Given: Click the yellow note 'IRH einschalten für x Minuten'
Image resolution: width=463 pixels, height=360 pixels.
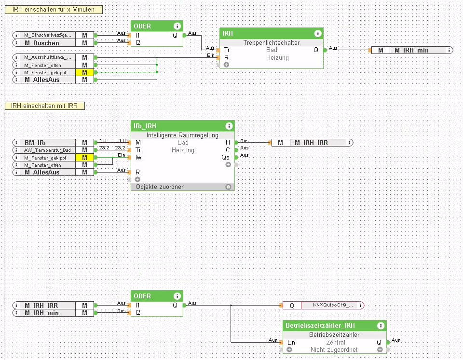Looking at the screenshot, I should (53, 10).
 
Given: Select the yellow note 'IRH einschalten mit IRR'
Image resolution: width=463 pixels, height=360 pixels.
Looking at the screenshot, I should (44, 106).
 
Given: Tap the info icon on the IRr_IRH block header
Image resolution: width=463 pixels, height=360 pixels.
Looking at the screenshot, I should (229, 126).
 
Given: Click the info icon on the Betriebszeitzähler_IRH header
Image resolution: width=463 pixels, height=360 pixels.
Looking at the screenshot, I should (380, 326).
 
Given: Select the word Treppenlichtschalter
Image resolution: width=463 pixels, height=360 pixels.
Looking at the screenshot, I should (272, 42).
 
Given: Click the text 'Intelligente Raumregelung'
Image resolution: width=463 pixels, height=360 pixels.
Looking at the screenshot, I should (182, 135).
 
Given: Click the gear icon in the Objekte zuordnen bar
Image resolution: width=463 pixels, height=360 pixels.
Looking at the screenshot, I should (228, 187).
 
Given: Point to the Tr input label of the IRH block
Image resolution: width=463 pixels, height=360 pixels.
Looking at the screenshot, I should (227, 50).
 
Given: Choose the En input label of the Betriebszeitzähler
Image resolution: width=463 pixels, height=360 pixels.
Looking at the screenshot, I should (291, 342).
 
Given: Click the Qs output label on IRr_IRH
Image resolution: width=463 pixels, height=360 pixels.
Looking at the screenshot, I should (226, 157).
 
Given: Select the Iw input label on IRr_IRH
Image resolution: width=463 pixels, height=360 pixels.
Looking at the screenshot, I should (138, 157).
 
